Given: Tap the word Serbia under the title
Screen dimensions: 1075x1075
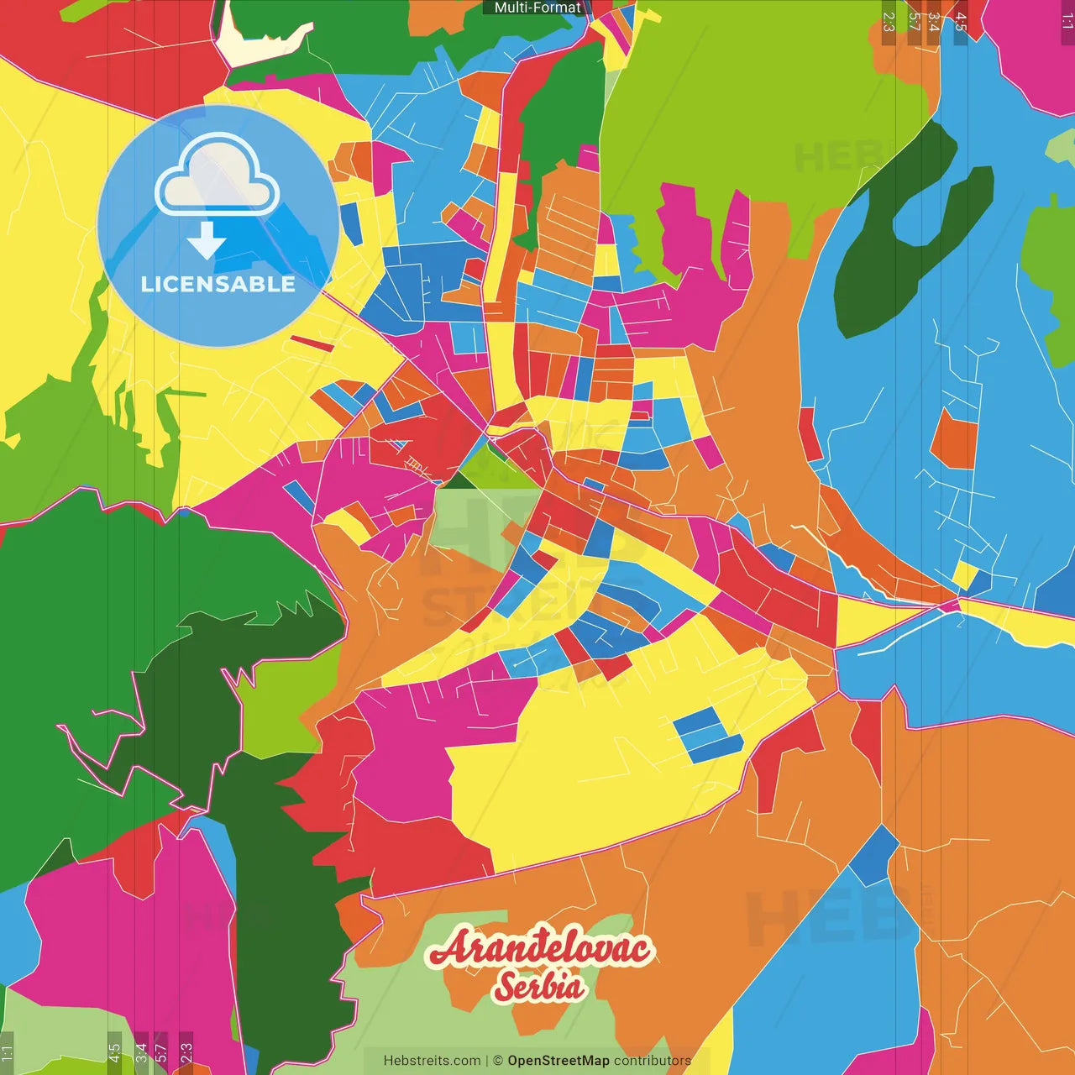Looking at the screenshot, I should (539, 986).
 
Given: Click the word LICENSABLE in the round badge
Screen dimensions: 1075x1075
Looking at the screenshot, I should (218, 284).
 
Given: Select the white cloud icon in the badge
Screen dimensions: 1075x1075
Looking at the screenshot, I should (218, 178).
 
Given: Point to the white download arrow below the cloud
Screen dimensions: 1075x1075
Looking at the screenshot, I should (207, 240).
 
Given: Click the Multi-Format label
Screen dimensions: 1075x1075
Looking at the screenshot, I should (537, 8).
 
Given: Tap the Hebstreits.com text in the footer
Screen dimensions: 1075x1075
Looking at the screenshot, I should (432, 1061).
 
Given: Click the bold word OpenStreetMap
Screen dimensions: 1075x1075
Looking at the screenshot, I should (558, 1061).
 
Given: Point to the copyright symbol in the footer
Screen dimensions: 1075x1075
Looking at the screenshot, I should (498, 1061).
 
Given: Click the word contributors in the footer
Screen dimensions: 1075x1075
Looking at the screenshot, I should (653, 1061).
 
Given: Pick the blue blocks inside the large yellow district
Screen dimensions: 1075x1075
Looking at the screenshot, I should (709, 735).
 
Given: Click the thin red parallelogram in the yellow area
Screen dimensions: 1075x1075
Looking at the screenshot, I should (312, 343).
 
